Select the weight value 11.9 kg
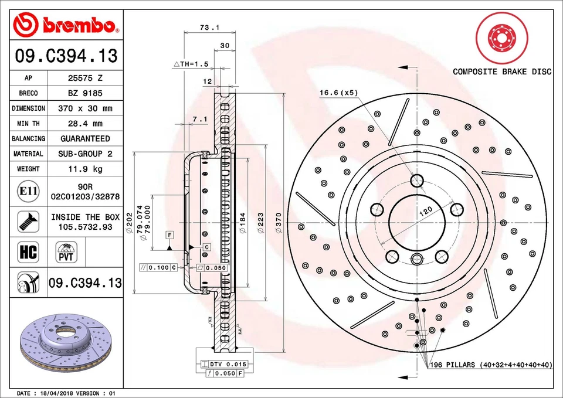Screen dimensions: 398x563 click(85, 169)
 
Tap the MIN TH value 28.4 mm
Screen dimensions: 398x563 click(85, 124)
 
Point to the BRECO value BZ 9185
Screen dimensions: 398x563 click(85, 93)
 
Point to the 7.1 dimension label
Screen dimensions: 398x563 click(200, 120)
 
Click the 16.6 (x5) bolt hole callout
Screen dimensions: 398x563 click(338, 92)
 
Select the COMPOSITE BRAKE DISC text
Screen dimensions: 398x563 click(502, 72)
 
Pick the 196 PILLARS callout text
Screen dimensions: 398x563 click(491, 365)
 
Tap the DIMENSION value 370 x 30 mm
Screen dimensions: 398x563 click(85, 108)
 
